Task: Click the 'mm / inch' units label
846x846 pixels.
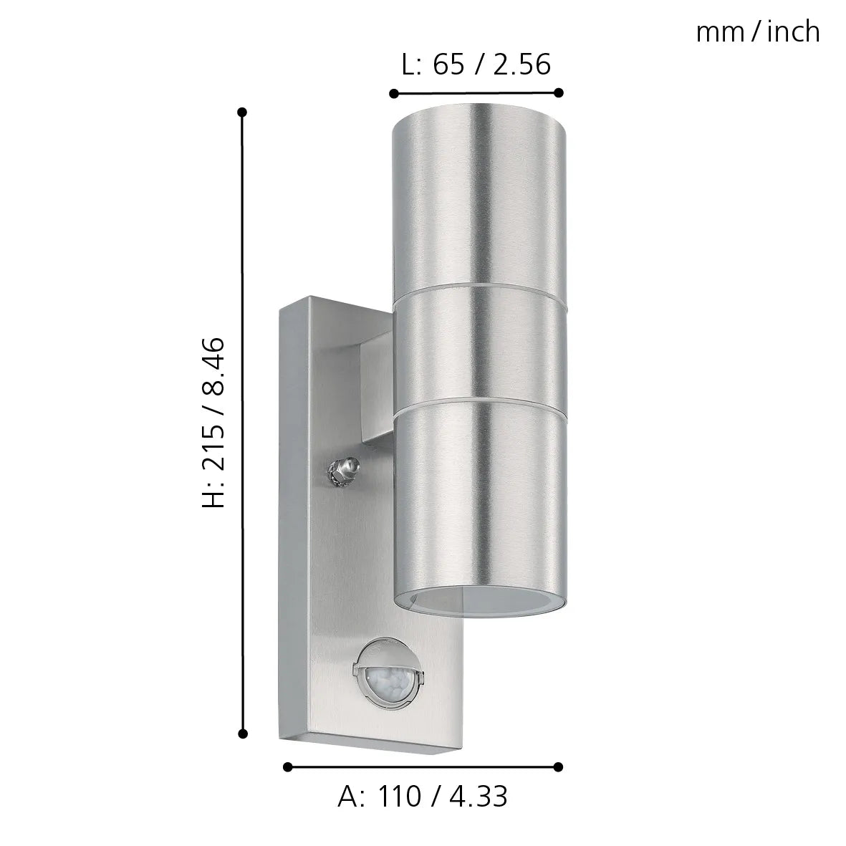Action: [757, 32]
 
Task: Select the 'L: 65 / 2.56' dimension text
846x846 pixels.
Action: [476, 64]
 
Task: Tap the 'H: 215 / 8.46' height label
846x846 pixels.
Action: [213, 423]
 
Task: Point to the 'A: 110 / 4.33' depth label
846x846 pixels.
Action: [423, 797]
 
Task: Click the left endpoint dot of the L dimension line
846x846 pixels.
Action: [393, 93]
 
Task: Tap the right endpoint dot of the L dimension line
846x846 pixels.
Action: [559, 92]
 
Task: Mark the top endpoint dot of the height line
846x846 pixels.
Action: [243, 112]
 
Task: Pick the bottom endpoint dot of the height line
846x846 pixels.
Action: [243, 734]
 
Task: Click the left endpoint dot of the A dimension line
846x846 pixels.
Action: [288, 767]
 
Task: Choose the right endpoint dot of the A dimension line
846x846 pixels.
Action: [559, 767]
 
